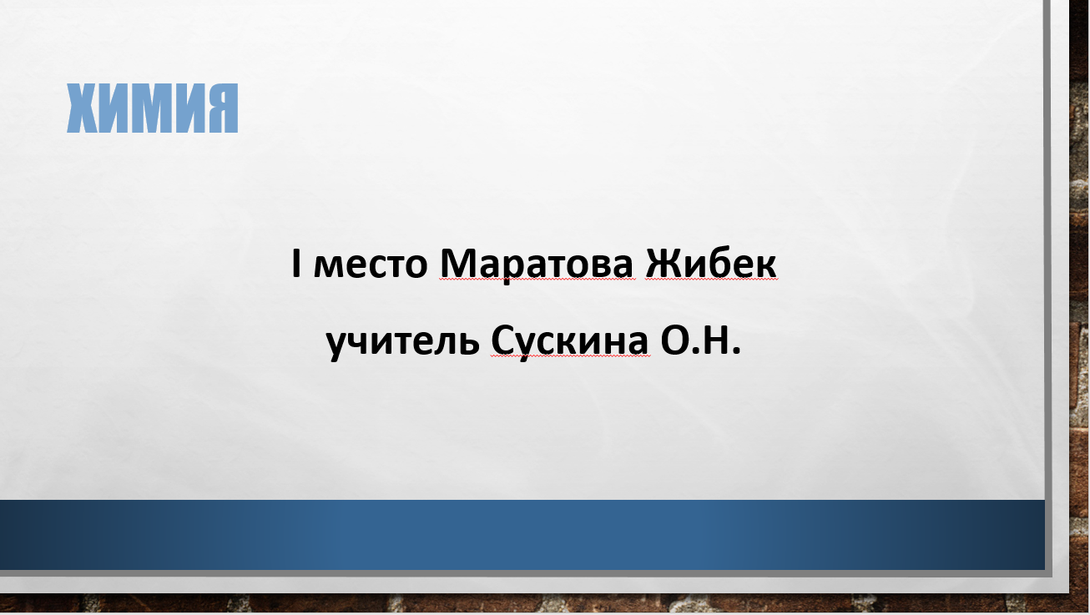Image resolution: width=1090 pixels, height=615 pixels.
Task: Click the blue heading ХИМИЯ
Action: click(152, 108)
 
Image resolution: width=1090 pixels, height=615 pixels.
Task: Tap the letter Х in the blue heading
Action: click(83, 108)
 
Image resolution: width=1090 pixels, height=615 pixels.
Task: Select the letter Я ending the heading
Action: click(222, 108)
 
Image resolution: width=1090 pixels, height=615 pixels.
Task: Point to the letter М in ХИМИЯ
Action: click(152, 108)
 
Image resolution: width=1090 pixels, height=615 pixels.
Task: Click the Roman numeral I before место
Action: click(296, 263)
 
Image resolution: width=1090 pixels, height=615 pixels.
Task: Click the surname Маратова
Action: click(537, 265)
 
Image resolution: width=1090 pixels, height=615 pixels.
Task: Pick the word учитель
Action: click(403, 341)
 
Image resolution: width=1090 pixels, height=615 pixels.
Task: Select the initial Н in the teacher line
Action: click(714, 340)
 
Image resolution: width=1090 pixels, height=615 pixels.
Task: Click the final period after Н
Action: click(735, 350)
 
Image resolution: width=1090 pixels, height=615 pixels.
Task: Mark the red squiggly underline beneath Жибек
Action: click(711, 280)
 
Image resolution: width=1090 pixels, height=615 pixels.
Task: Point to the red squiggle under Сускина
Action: click(570, 356)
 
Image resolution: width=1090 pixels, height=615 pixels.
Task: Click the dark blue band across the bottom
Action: click(522, 535)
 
